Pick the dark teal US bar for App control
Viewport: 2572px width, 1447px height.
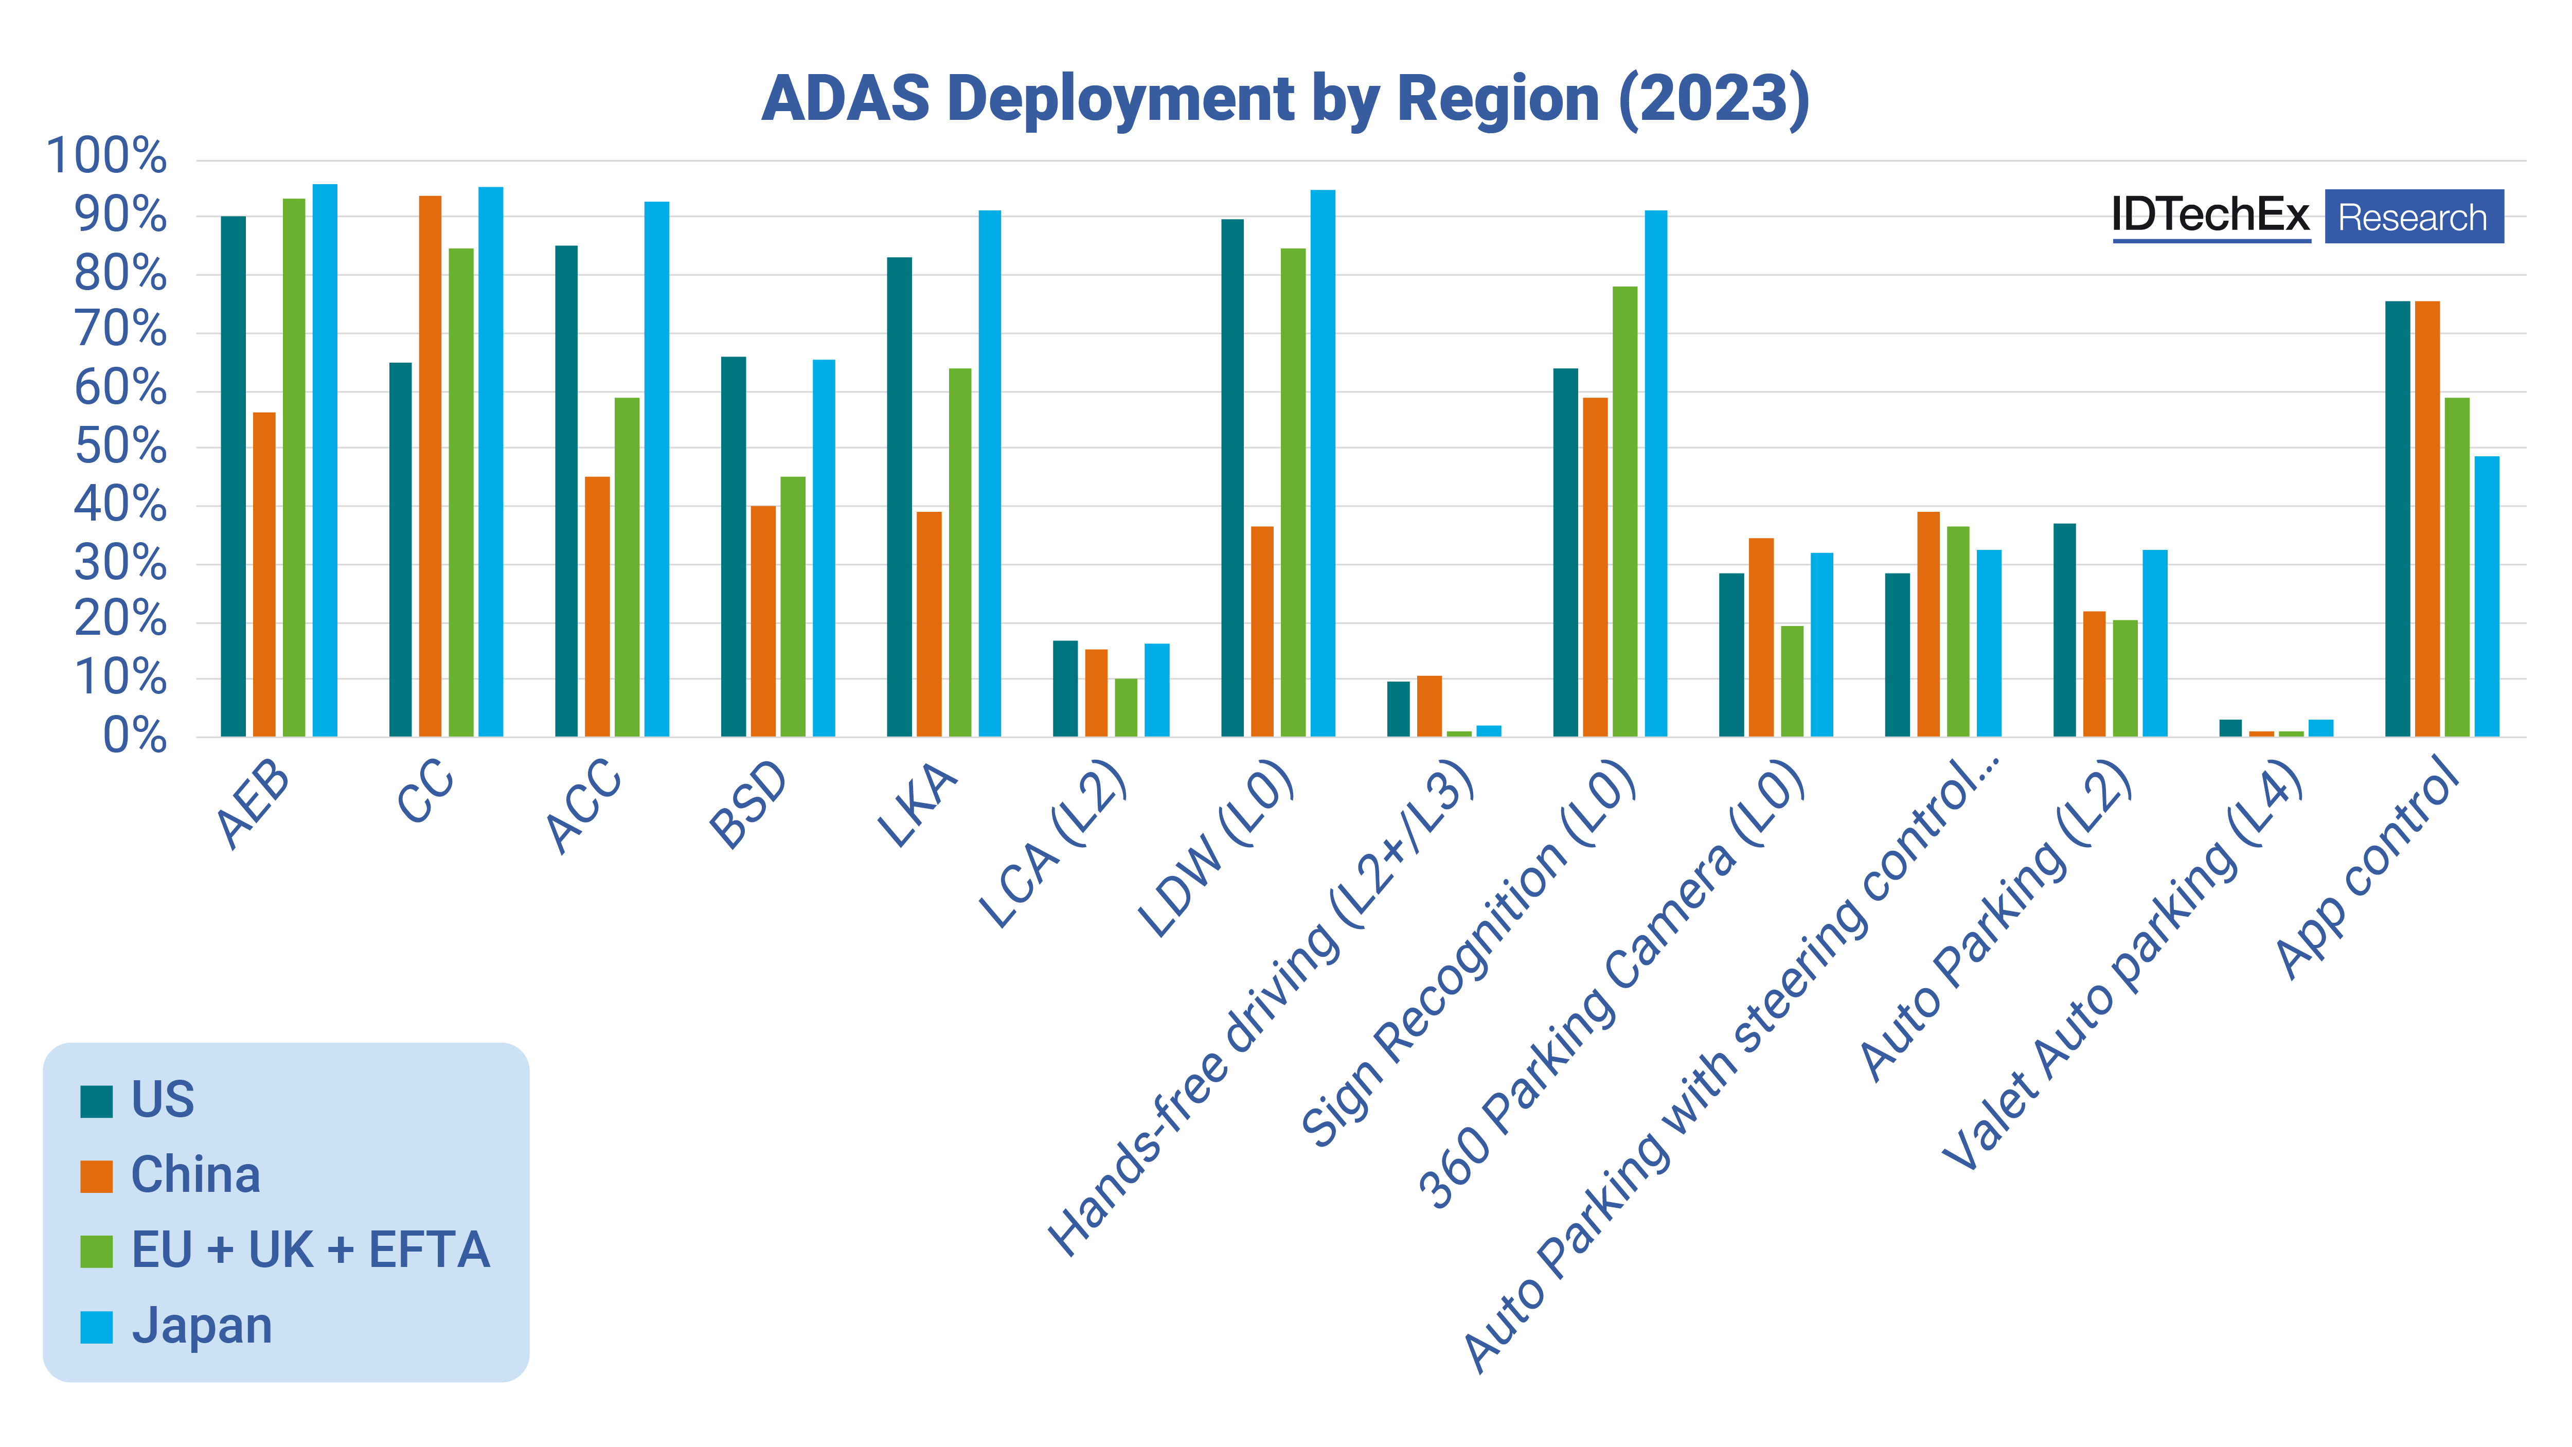tap(2397, 519)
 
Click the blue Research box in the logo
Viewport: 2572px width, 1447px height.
tap(2413, 217)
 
